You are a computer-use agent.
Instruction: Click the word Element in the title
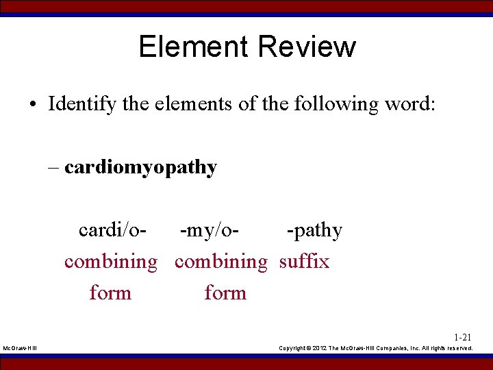click(x=193, y=47)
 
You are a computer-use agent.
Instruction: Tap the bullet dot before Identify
click(x=33, y=105)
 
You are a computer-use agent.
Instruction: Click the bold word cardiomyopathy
click(x=140, y=168)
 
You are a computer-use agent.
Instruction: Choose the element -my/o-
click(x=210, y=230)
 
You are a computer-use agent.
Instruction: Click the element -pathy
click(x=314, y=231)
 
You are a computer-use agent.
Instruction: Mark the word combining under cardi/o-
click(x=110, y=262)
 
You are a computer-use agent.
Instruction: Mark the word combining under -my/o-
click(x=220, y=262)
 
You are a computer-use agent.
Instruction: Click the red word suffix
click(x=304, y=261)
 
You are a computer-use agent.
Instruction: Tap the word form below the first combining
click(x=110, y=293)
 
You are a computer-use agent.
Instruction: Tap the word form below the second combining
click(x=225, y=293)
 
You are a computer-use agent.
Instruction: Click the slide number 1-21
click(x=462, y=337)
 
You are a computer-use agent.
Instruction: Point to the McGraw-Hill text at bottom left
click(x=21, y=349)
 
